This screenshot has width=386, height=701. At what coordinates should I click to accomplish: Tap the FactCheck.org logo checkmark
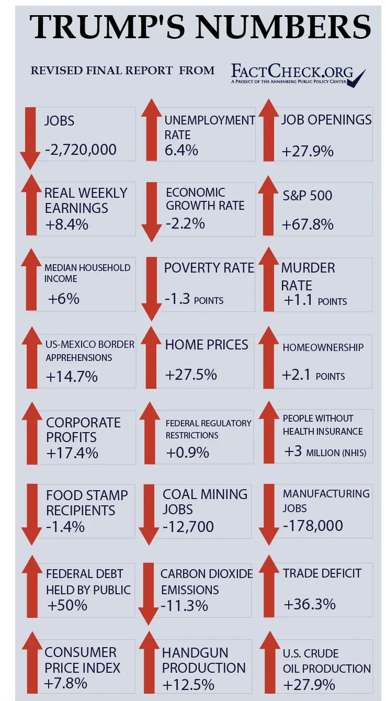click(357, 79)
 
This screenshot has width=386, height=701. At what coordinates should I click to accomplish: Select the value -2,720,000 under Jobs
click(81, 150)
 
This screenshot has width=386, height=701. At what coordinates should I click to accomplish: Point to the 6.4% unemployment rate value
click(181, 151)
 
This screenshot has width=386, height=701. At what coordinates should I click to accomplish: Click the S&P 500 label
click(307, 196)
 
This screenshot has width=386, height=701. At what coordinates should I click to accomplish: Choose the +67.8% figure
click(308, 225)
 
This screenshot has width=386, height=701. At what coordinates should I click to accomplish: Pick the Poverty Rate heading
click(209, 268)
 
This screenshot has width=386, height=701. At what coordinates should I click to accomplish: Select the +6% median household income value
click(64, 299)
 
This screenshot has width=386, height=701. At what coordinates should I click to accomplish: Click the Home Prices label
click(207, 345)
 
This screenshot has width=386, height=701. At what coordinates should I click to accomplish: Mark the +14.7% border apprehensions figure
click(72, 376)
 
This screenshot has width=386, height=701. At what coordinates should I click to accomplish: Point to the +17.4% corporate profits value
click(72, 453)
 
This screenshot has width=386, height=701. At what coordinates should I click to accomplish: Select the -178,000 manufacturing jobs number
click(313, 525)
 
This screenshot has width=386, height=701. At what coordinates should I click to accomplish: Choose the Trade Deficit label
click(322, 573)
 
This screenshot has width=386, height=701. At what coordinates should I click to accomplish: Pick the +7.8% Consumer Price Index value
click(66, 683)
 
